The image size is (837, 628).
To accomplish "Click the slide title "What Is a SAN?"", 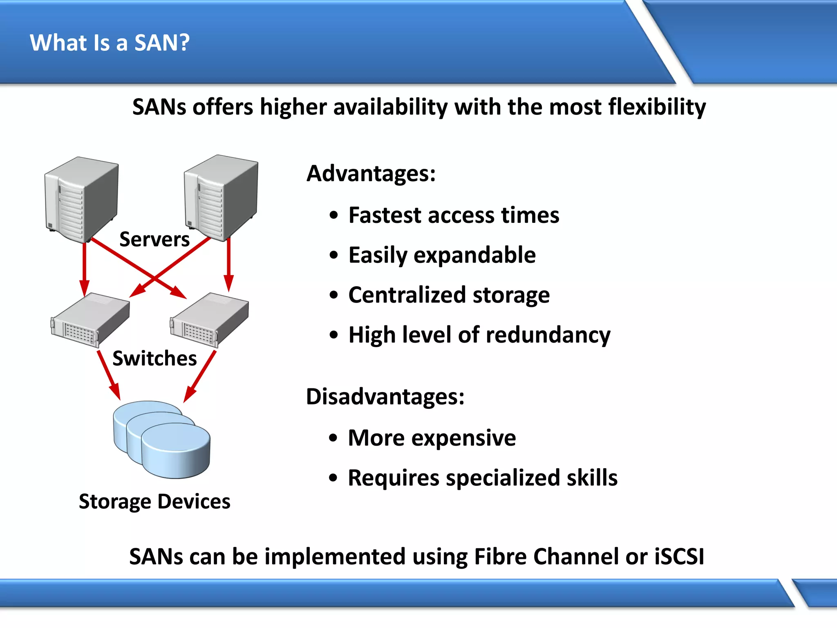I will click(x=110, y=43).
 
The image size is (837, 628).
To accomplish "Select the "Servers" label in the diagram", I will click(x=154, y=239).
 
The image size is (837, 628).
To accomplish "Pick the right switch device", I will click(x=209, y=320).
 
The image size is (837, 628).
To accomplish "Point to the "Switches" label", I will click(x=154, y=358).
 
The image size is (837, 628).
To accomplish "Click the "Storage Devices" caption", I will click(x=154, y=501).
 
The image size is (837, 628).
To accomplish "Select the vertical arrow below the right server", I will click(x=229, y=264).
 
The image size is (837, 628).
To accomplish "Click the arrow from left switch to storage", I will click(x=108, y=374).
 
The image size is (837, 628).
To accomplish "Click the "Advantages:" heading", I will click(x=371, y=173).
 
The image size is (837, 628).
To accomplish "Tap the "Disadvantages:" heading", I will click(x=385, y=397).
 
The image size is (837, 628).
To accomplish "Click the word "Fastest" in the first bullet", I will click(x=385, y=215).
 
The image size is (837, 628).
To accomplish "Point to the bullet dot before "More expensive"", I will click(x=333, y=438).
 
